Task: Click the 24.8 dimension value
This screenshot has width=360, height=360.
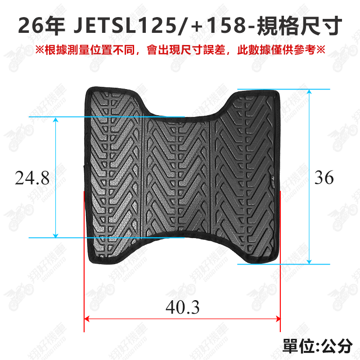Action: tap(32, 178)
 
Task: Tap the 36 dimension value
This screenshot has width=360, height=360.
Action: tap(324, 177)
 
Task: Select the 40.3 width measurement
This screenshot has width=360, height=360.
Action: tap(183, 307)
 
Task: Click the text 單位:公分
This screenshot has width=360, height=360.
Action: tap(317, 346)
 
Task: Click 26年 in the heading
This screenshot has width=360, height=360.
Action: tap(41, 26)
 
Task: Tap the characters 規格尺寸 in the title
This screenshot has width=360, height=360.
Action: tap(299, 26)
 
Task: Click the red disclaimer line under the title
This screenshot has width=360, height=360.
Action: tap(180, 50)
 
